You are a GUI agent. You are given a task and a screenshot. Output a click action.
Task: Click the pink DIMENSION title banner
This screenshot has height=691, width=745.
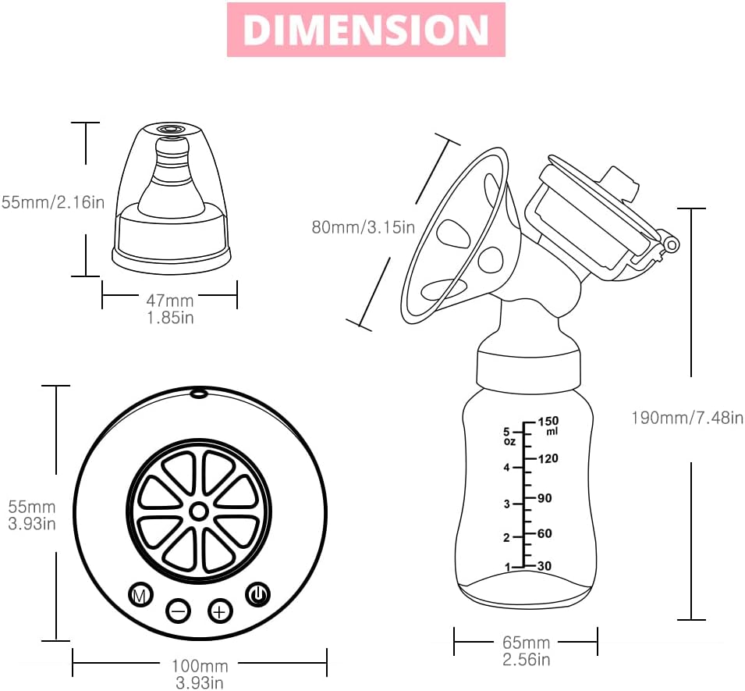click(366, 30)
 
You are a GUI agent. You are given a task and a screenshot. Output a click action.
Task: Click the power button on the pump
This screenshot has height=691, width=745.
click(258, 595)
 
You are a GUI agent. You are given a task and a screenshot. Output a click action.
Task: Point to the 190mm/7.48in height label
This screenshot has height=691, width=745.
click(686, 418)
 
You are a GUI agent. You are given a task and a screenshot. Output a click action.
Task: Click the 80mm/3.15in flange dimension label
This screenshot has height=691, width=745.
click(363, 227)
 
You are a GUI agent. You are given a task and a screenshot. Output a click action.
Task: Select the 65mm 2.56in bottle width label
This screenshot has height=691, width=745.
click(526, 651)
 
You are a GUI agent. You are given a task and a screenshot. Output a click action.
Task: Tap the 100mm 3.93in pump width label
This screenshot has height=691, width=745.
click(200, 674)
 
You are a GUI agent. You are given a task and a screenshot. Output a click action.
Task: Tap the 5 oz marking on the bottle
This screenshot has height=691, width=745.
click(509, 436)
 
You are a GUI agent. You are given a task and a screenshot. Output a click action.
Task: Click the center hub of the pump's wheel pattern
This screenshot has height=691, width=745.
click(199, 511)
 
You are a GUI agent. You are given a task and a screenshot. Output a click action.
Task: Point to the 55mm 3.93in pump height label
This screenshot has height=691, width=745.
click(31, 515)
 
